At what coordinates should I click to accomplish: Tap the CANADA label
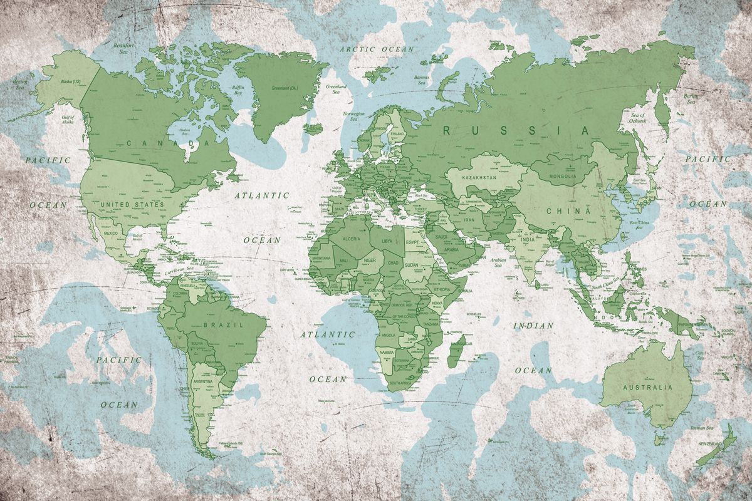167,143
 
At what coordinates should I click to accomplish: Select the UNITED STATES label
132,204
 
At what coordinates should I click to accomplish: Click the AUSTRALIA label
647,387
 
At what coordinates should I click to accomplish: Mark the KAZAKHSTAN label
479,178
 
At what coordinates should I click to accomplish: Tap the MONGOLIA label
562,176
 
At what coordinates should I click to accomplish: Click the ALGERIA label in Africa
350,239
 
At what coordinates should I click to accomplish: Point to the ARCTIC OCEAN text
377,49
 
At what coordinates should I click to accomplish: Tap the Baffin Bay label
238,90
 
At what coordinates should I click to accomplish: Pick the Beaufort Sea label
125,48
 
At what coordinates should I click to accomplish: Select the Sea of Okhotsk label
638,119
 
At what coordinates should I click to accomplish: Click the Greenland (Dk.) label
284,88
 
